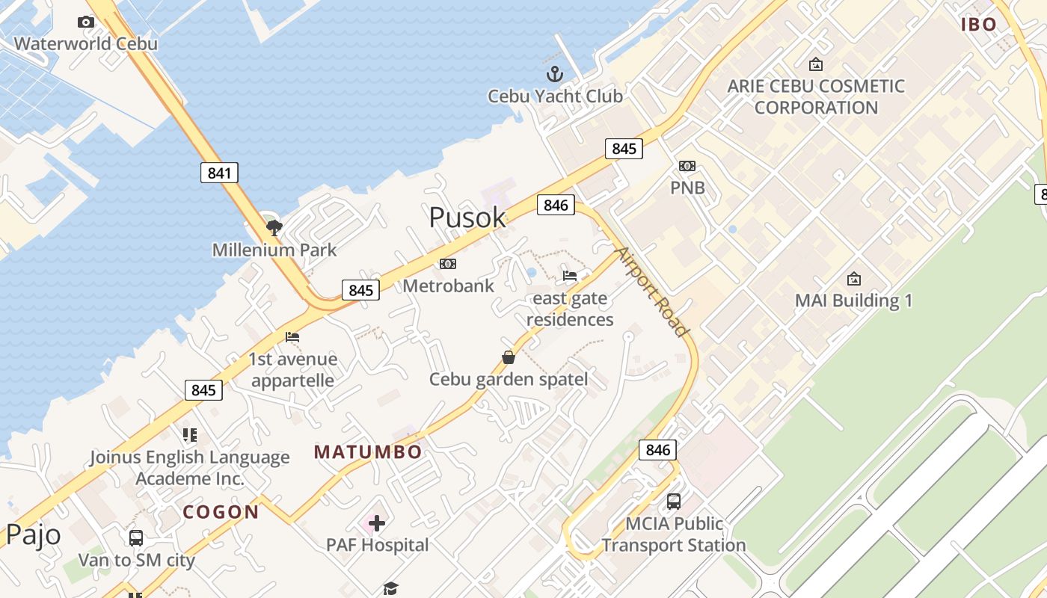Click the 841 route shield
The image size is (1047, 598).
[219, 173]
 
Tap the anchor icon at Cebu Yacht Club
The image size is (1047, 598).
[554, 74]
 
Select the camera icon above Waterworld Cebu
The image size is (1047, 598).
[86, 22]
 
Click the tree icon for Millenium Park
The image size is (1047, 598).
[274, 227]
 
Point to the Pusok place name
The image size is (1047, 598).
[467, 218]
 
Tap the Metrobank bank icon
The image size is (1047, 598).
[448, 264]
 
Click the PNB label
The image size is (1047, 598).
[687, 188]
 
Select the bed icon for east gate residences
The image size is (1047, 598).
[570, 276]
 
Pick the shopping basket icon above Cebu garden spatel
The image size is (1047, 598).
[509, 357]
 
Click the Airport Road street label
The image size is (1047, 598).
[651, 291]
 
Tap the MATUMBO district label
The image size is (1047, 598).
[368, 451]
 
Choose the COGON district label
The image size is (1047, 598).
[221, 512]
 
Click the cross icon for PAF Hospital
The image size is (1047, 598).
[377, 523]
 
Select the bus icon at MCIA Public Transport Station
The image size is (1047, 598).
[674, 502]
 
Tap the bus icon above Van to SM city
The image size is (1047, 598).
[136, 537]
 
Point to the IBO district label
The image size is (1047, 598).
[979, 25]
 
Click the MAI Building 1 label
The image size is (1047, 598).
[853, 300]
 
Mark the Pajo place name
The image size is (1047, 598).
[34, 535]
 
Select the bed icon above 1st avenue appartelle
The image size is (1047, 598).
[292, 337]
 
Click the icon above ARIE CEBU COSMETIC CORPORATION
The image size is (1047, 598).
[816, 65]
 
